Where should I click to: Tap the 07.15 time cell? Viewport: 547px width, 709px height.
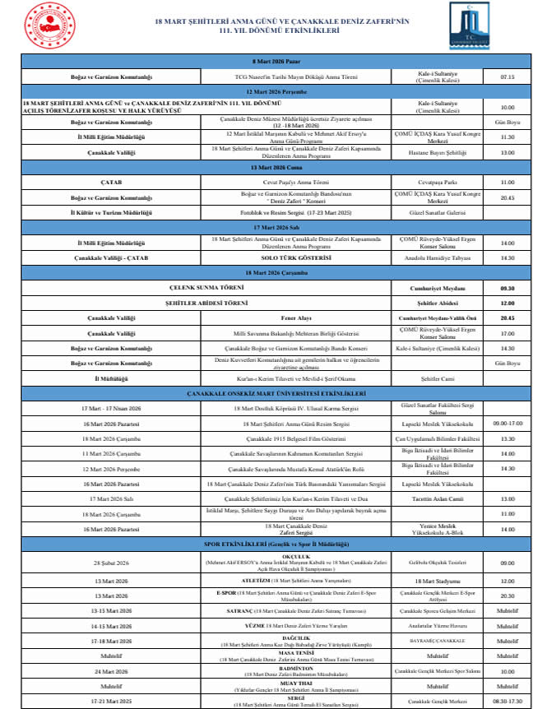click(507, 77)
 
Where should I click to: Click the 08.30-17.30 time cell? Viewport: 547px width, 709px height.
click(507, 702)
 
